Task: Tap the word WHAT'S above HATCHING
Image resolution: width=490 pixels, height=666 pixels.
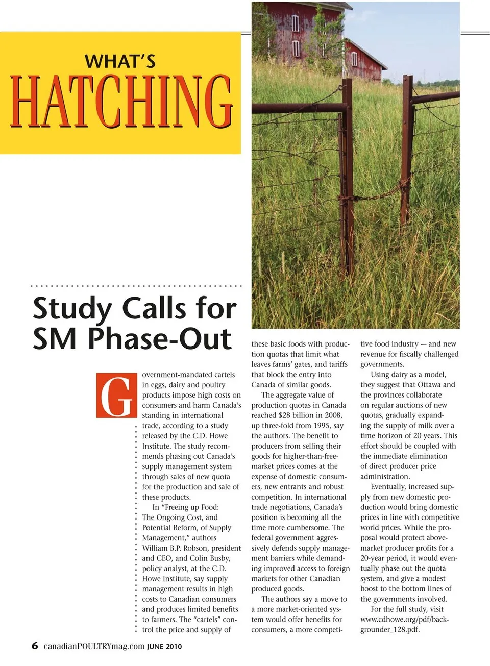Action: point(120,61)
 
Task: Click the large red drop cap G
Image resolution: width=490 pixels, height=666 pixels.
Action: point(117,396)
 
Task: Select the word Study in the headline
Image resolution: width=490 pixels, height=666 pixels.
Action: point(72,309)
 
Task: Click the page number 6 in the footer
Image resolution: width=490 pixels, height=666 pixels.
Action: point(35,645)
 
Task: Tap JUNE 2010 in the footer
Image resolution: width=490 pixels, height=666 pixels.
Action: point(164,646)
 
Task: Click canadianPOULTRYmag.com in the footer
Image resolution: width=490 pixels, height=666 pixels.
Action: point(94,646)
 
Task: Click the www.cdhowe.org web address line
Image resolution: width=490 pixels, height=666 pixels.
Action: point(404,619)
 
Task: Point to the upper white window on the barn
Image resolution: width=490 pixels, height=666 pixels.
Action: point(295,23)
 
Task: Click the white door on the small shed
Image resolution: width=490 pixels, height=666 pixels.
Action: point(354,59)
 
